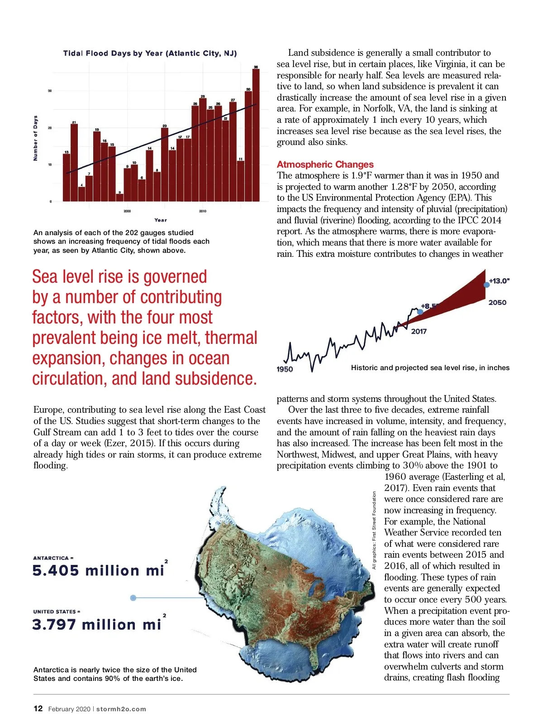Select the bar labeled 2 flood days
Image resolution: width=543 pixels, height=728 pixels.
click(119, 198)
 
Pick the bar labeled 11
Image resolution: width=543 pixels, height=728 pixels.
click(241, 181)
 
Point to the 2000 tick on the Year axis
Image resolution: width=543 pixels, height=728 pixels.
click(127, 211)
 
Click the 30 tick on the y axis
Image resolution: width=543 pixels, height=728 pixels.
click(50, 91)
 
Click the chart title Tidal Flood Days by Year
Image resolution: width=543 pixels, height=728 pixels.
click(150, 53)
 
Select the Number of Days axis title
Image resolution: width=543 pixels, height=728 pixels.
click(36, 138)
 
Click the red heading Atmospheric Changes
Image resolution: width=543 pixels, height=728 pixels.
click(325, 164)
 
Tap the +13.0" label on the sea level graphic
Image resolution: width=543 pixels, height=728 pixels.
click(500, 281)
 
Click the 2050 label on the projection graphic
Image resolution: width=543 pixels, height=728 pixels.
click(497, 303)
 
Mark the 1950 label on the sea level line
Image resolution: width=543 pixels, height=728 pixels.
click(285, 369)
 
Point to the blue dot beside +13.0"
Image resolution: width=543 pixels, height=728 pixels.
click(486, 284)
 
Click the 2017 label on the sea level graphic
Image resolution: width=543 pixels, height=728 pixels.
click(419, 332)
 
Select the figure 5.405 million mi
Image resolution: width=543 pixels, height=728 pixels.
click(98, 570)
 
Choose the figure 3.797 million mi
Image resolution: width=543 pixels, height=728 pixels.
click(97, 625)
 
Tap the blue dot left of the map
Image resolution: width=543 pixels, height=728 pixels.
click(133, 598)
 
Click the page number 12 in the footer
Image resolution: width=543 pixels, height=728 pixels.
click(38, 709)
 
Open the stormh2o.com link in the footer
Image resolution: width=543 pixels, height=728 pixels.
click(121, 709)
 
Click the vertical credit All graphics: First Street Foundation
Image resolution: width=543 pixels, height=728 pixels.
click(374, 530)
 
